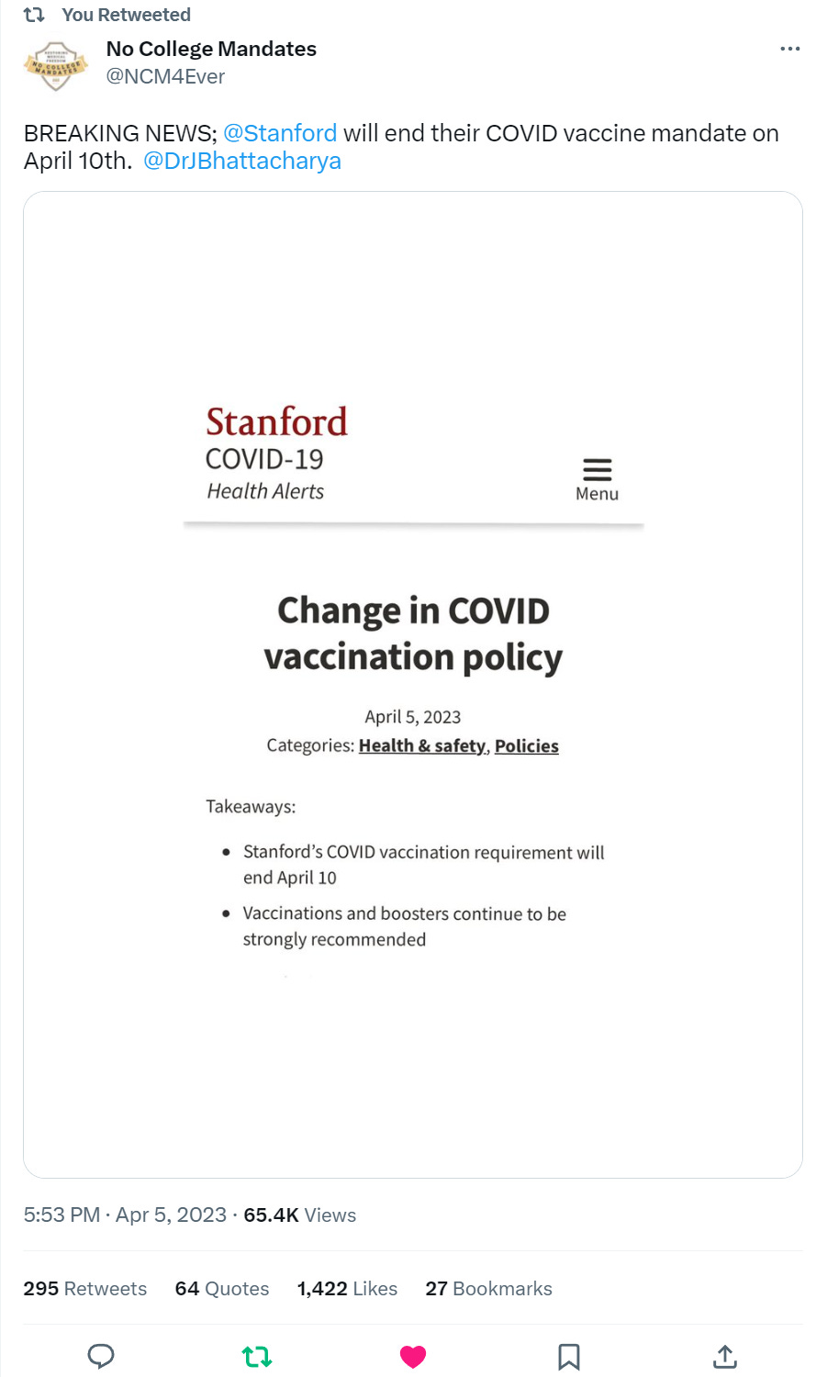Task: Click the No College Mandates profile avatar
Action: (x=55, y=64)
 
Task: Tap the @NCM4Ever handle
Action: (x=165, y=77)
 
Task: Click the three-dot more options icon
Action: (x=789, y=49)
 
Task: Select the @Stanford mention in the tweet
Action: (x=280, y=133)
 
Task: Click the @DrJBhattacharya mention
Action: (x=242, y=161)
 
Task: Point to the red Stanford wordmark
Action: (x=276, y=422)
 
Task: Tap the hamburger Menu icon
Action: (x=597, y=470)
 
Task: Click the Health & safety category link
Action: (x=422, y=745)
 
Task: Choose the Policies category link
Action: (x=527, y=745)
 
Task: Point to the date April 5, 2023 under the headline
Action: (x=413, y=717)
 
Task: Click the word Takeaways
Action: (x=251, y=807)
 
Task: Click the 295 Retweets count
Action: (x=84, y=1289)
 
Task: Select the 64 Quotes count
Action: (x=222, y=1289)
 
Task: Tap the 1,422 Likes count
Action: (x=347, y=1289)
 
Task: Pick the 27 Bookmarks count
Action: (x=488, y=1289)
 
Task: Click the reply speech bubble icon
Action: (x=101, y=1356)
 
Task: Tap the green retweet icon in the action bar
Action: (x=257, y=1356)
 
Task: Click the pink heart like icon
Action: (x=413, y=1356)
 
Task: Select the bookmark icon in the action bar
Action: (x=569, y=1356)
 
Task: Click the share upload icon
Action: (x=725, y=1356)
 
